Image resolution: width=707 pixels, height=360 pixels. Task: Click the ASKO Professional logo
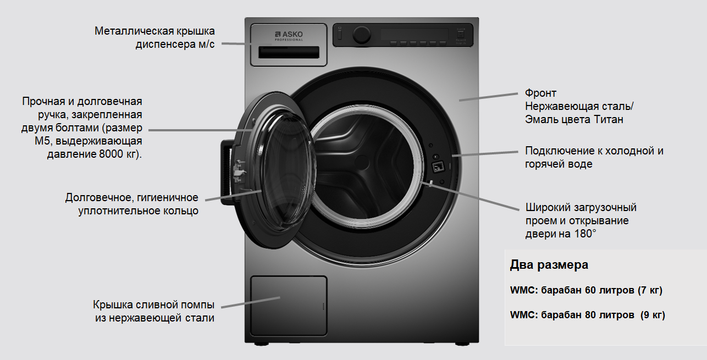click(x=289, y=36)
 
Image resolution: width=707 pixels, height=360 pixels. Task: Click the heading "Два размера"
click(x=549, y=265)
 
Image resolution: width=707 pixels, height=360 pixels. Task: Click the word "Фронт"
click(x=540, y=93)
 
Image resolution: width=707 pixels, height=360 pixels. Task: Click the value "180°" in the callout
click(x=585, y=234)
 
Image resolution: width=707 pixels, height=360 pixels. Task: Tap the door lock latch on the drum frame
click(x=439, y=167)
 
